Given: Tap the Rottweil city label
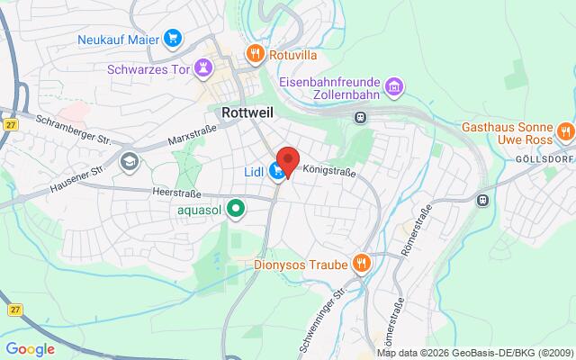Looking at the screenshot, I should point(247,113).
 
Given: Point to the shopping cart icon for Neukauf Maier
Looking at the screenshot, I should point(174,38).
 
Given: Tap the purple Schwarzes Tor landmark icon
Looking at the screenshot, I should point(204,67).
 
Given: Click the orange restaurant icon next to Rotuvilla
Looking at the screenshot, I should point(256,53).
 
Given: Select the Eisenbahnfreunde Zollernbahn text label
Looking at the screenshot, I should point(329,87).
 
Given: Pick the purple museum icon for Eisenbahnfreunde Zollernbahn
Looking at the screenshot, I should point(392,87).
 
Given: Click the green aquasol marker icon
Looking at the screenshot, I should point(236,210).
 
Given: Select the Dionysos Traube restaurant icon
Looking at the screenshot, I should point(362,263).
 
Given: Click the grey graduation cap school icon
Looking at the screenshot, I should point(129,161).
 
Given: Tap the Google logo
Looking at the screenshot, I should point(31,348).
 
